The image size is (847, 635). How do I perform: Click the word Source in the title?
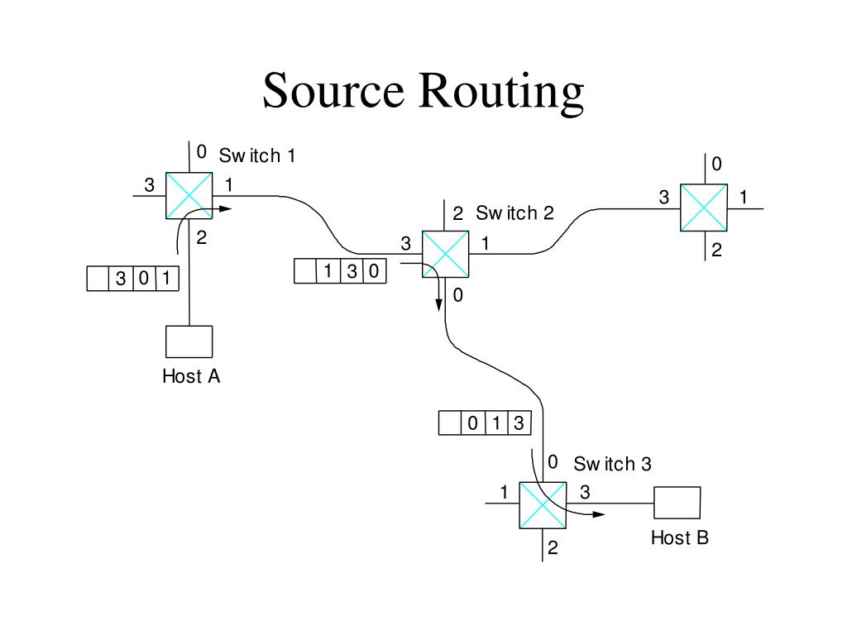[333, 90]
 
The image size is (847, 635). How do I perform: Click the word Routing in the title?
[501, 93]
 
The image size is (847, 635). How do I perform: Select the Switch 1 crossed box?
[189, 195]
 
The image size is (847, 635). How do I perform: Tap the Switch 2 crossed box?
[446, 255]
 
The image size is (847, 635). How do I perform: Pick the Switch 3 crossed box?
[543, 505]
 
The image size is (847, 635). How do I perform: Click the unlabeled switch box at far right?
[704, 208]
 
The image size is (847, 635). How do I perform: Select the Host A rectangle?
[189, 341]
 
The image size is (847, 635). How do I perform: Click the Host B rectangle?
[677, 503]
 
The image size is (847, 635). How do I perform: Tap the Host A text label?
[191, 376]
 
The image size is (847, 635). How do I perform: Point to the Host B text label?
[680, 537]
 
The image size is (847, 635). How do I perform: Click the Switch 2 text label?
[514, 213]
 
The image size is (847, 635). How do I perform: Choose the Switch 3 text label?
[613, 464]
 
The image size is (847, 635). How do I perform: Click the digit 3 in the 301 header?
[121, 279]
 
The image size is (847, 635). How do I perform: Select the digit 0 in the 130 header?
[374, 271]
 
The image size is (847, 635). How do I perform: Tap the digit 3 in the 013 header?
[519, 423]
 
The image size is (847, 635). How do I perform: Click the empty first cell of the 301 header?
[98, 279]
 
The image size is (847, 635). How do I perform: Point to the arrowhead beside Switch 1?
[225, 209]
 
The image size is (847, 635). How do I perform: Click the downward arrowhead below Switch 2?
[439, 305]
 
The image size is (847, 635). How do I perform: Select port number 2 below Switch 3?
[553, 547]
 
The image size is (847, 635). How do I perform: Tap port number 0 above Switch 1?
[202, 152]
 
